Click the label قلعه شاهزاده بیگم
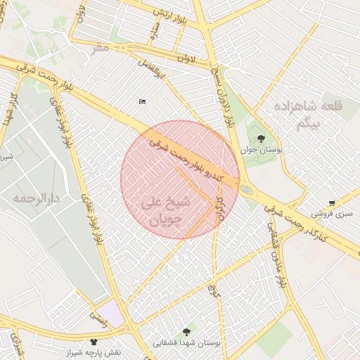tap(311, 115)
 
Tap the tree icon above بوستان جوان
tap(261, 139)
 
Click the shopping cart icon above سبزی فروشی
tap(332, 203)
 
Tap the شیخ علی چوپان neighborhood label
tap(166, 210)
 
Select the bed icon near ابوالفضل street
tap(143, 102)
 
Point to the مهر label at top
tap(101, 47)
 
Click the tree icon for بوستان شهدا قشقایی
tap(186, 332)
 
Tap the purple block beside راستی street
tap(110, 313)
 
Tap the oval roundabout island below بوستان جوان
tap(246, 189)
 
